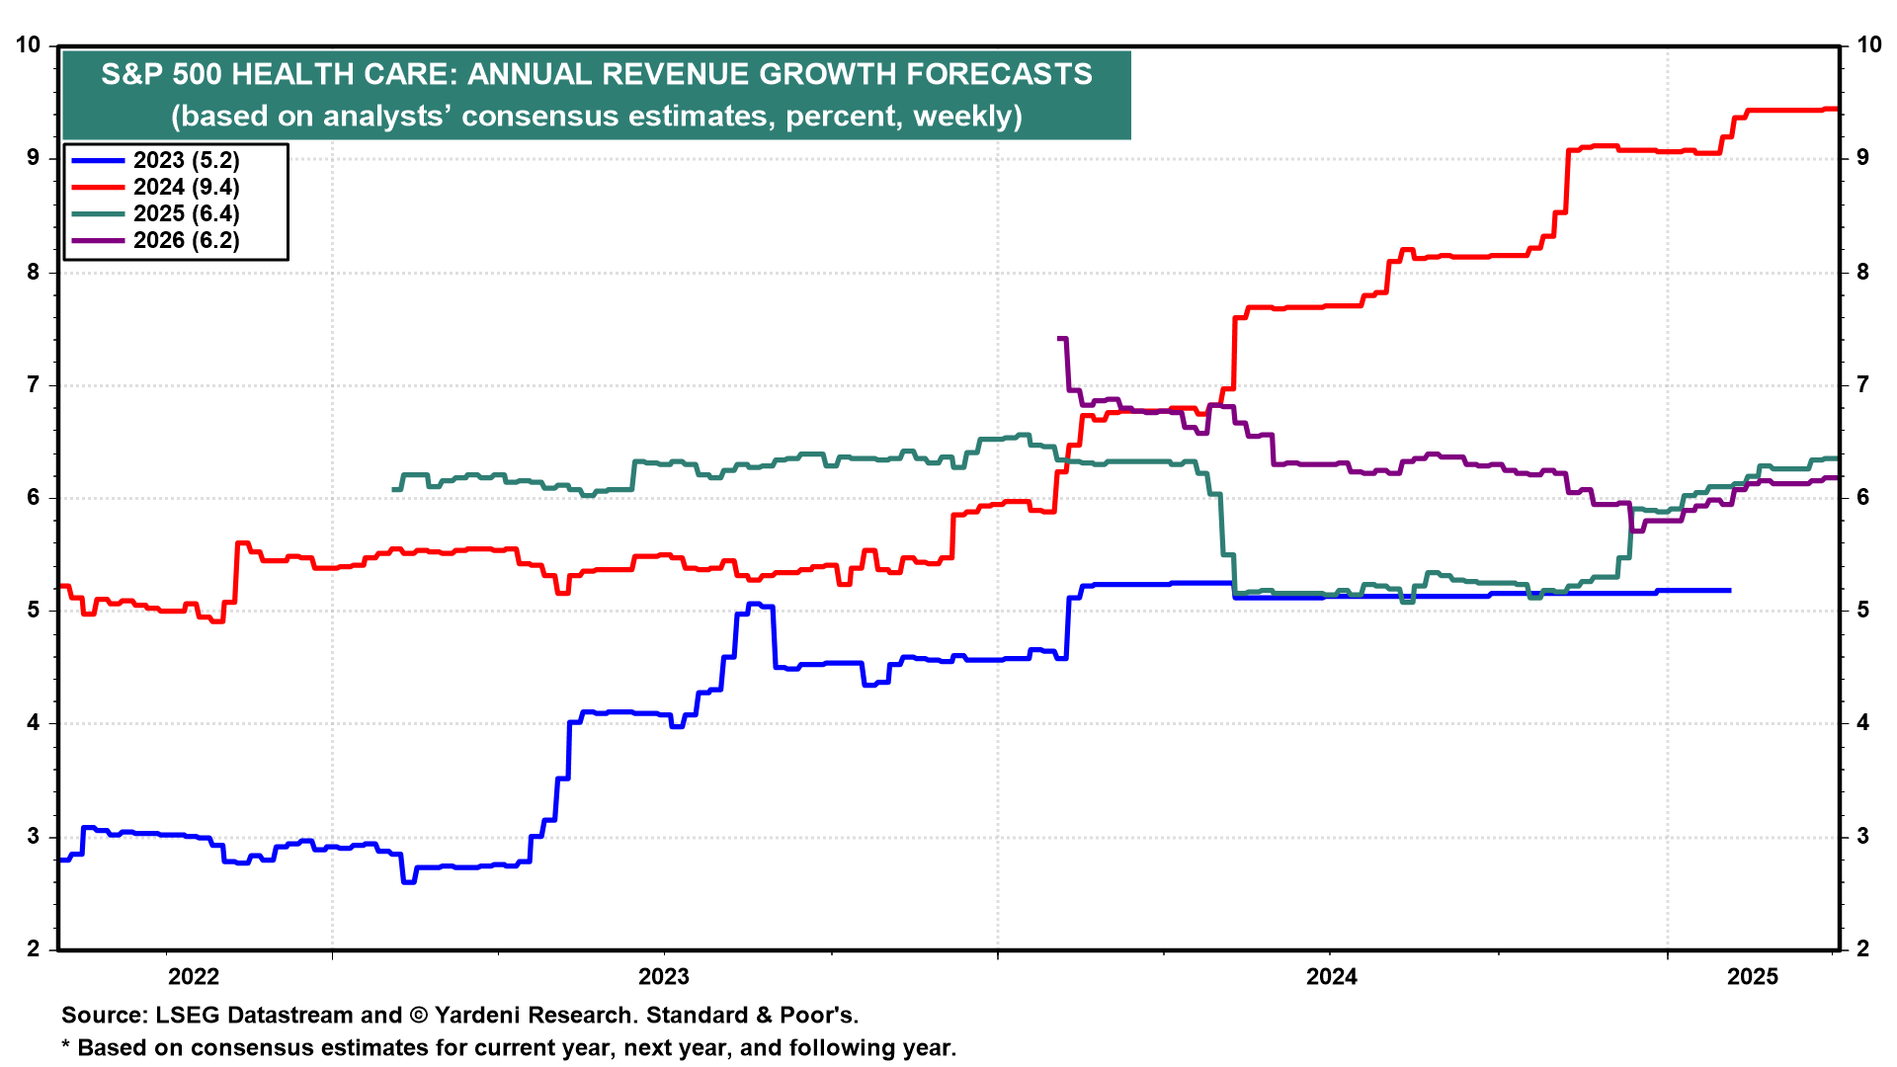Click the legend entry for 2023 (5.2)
(x=154, y=160)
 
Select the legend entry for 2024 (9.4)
(x=154, y=187)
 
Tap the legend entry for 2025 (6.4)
(x=154, y=213)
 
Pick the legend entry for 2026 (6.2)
(x=154, y=240)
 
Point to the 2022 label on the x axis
(x=194, y=977)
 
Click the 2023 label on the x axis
(x=664, y=977)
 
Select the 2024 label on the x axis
(x=1332, y=977)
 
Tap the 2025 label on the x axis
(x=1753, y=977)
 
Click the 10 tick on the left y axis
(x=29, y=44)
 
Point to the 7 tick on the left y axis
(x=35, y=384)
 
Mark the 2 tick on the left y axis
(x=35, y=948)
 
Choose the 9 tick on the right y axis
(x=1862, y=158)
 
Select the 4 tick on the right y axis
(x=1862, y=723)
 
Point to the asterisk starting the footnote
(x=66, y=1045)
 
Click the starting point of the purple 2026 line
(x=1059, y=339)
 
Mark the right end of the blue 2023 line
(x=1729, y=590)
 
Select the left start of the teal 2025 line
(x=394, y=489)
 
